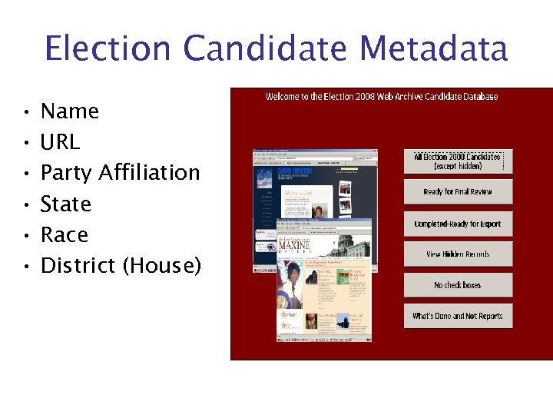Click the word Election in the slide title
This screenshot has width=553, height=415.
coord(108,48)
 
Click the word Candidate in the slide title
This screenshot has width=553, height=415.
coord(261,48)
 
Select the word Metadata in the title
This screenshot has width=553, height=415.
coord(434,48)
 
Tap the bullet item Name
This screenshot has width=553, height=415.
coord(70,111)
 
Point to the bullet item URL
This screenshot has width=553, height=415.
coord(60,142)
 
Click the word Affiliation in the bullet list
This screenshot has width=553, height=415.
coord(149,173)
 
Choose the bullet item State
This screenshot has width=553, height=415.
coord(65,204)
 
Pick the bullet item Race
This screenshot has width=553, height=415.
coord(64,234)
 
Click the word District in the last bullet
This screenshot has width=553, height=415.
coord(78,266)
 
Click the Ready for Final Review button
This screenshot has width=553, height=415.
coord(458,192)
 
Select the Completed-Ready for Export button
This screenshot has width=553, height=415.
coord(458,224)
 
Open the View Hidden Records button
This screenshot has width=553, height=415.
coord(458,254)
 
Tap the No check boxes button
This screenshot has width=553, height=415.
coord(458,285)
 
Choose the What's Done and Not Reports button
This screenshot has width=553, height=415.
coord(458,316)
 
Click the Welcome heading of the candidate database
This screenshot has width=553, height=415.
coord(382,97)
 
